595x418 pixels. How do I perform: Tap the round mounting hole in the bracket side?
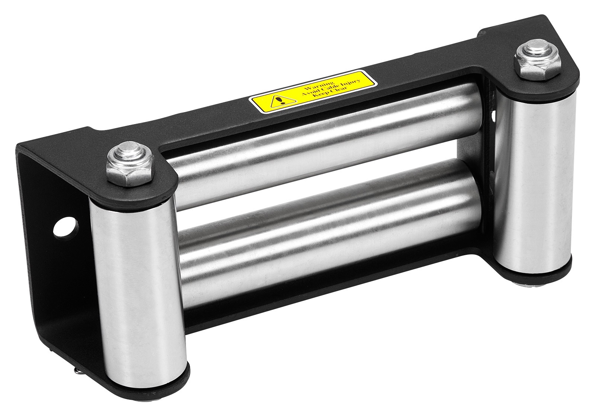(67, 227)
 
